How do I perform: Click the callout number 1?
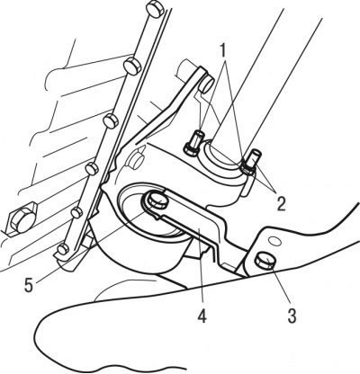(222, 51)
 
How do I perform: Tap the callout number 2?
(281, 204)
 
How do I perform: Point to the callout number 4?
(202, 316)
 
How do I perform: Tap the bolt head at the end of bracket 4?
(156, 200)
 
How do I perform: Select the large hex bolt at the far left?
(22, 218)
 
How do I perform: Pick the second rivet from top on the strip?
(132, 65)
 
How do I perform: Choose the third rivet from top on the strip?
(111, 120)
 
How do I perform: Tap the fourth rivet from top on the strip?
(92, 169)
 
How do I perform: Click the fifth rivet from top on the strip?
(76, 212)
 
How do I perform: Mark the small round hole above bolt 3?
(273, 240)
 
